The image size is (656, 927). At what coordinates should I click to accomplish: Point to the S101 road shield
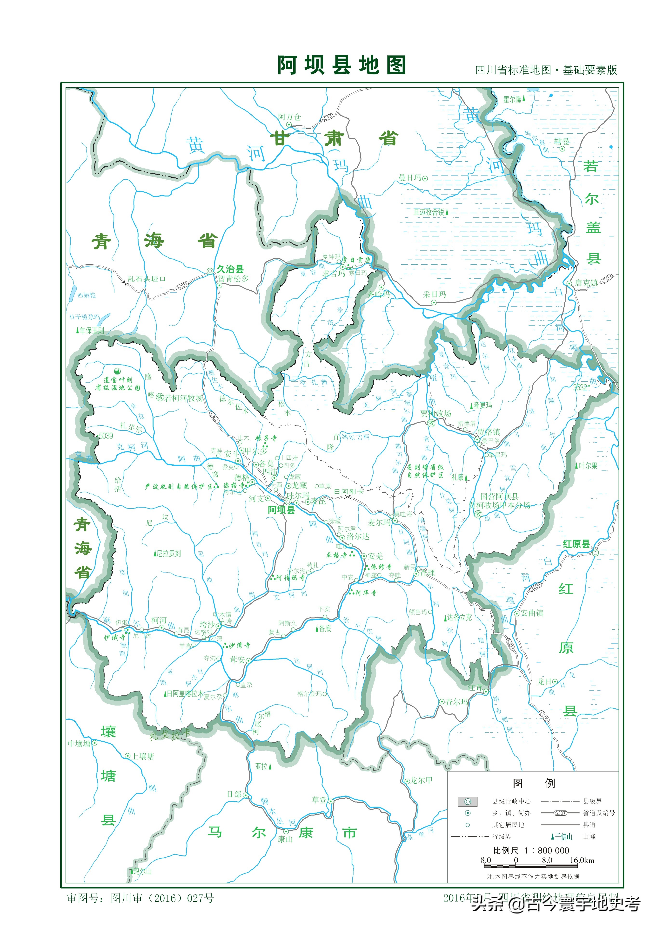tap(182, 286)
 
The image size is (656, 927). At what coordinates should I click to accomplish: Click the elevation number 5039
tap(106, 436)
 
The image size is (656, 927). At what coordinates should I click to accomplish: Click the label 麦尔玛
tap(379, 522)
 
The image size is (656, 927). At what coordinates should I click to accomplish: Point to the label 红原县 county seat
tap(576, 544)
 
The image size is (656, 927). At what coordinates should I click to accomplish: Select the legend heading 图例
tap(534, 783)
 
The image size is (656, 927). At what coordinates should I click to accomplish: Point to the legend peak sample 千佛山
tap(563, 836)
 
